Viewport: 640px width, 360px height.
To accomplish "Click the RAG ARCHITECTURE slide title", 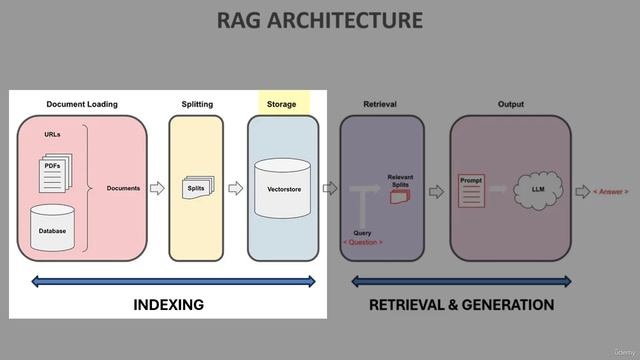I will [319, 20].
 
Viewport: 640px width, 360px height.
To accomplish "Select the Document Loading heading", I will [81, 104].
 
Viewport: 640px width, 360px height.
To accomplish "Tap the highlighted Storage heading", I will [281, 104].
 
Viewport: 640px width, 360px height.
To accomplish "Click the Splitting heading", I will [197, 104].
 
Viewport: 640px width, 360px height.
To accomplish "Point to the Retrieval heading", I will [380, 104].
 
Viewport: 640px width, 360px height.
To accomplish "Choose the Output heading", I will [510, 104].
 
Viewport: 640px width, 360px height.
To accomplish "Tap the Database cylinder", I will [53, 226].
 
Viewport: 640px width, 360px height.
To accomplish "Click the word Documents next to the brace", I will [124, 188].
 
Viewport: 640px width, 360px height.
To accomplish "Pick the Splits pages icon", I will [197, 187].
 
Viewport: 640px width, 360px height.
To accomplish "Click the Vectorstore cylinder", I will [284, 187].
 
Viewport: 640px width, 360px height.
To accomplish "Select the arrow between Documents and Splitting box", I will [156, 188].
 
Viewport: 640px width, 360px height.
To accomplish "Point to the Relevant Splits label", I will [400, 180].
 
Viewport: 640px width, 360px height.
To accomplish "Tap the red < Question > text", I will [362, 242].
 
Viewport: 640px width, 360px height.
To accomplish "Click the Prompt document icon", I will [471, 190].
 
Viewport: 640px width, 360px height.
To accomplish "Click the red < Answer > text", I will [611, 191].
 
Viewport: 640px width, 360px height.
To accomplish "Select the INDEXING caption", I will [168, 304].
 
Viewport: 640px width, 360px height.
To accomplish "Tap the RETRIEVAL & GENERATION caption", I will [461, 304].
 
